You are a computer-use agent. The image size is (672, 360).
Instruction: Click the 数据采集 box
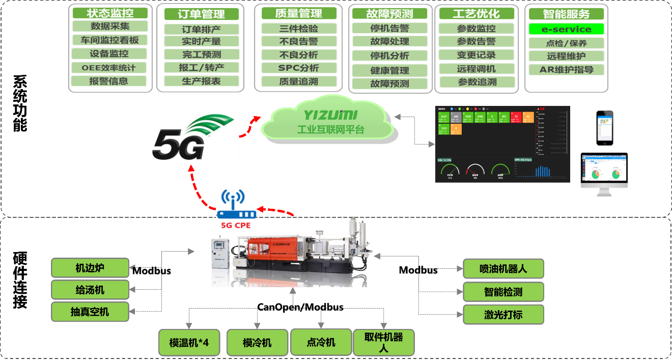coord(109,26)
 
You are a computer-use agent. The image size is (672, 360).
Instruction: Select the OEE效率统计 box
coord(109,67)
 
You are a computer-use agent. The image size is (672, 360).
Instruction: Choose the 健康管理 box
coord(389,70)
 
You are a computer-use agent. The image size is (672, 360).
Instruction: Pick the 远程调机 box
coord(476,69)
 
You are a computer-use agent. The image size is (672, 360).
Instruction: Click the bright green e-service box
coord(566,29)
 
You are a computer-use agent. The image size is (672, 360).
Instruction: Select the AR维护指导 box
coord(566,70)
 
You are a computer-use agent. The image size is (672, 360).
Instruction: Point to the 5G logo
coord(190,136)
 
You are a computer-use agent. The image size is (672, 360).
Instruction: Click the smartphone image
coord(605,128)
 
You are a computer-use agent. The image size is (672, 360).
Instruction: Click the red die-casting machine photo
coord(293,251)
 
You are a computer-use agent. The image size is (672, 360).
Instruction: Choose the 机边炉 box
coord(90,268)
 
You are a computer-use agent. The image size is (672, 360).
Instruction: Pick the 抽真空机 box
coord(90,312)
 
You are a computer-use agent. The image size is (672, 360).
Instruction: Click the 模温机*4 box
coord(189,343)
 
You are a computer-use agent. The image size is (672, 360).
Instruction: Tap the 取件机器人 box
coord(384,342)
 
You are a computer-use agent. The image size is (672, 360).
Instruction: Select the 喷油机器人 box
coord(503,269)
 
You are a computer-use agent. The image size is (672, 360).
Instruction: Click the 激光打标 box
coord(503,314)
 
